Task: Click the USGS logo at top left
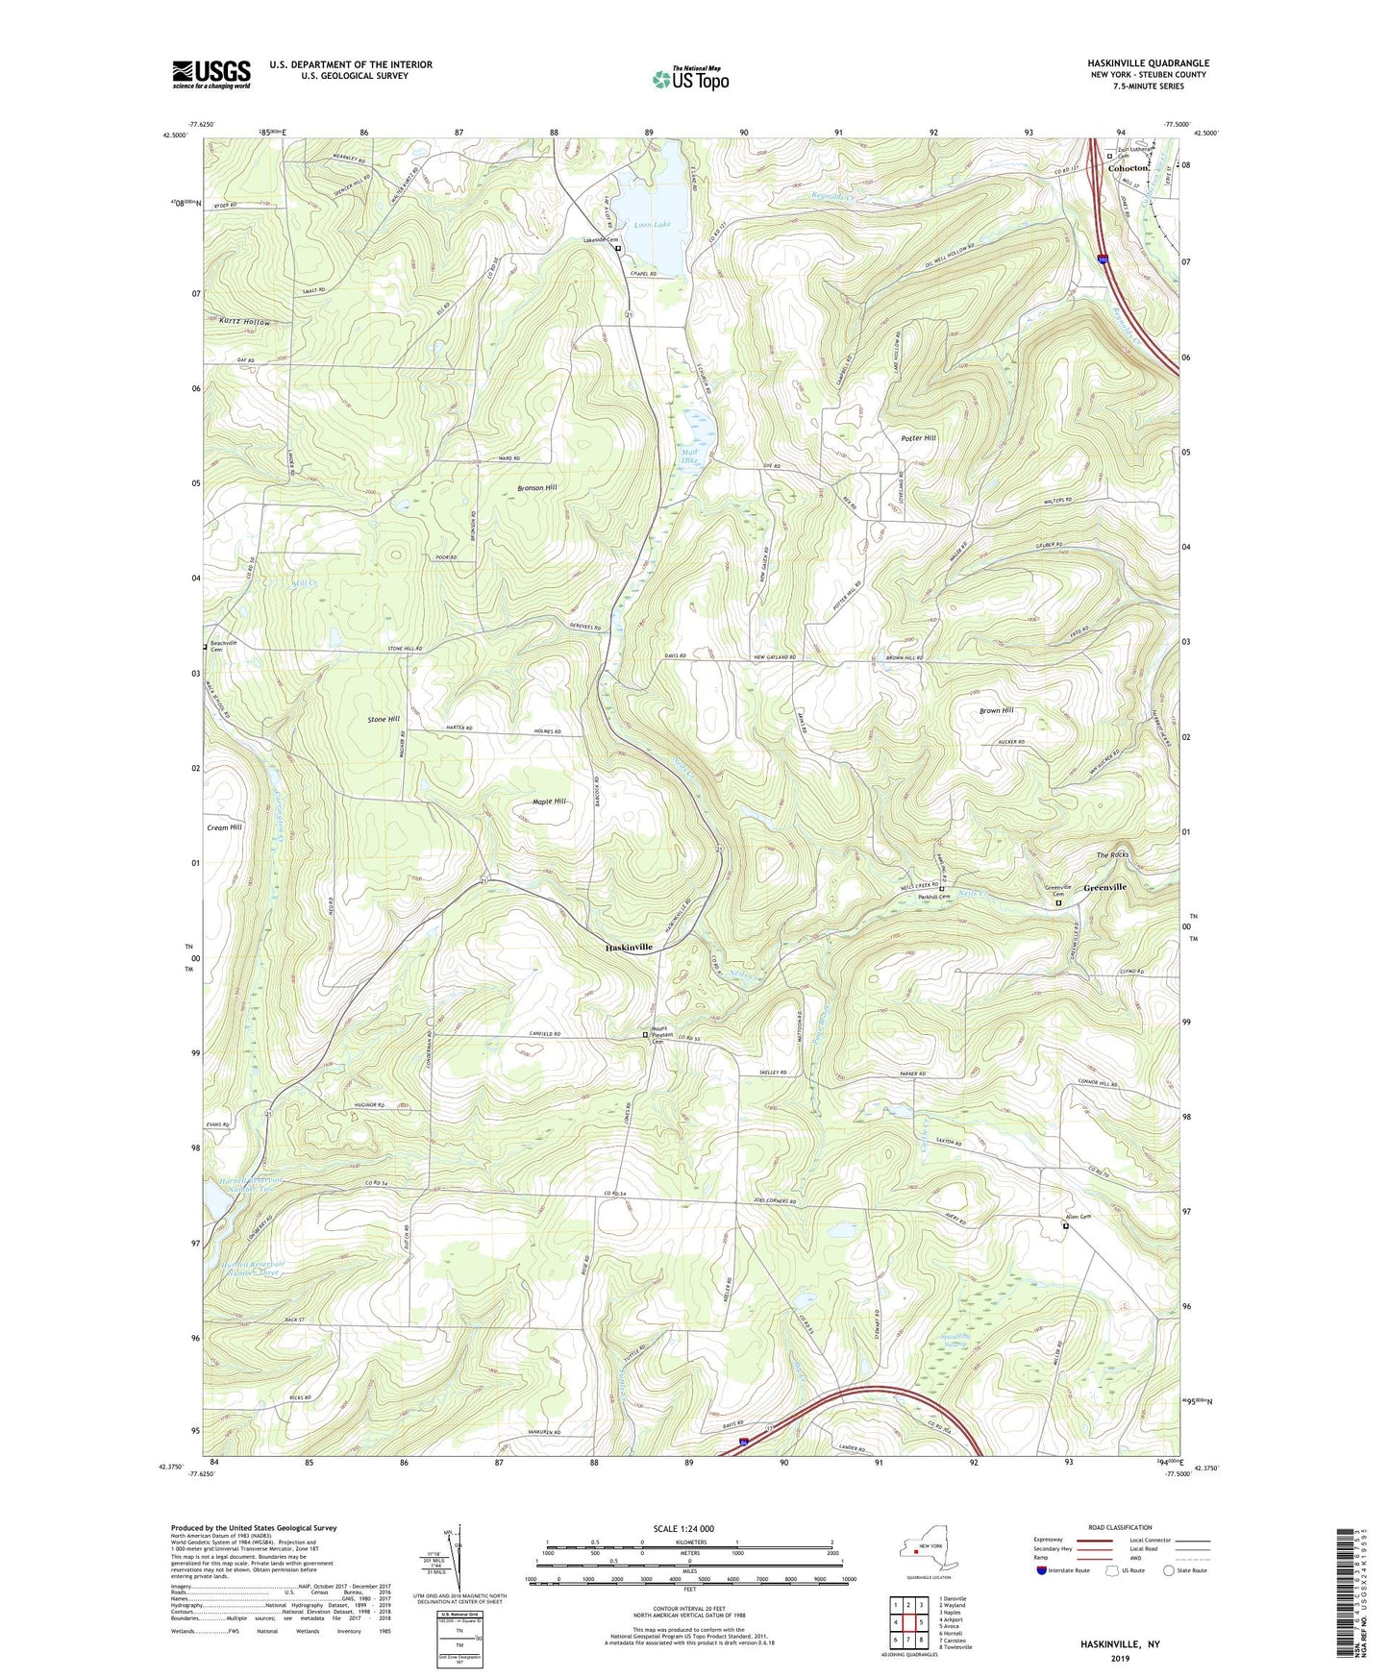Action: [x=211, y=74]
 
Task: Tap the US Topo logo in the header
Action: [x=689, y=79]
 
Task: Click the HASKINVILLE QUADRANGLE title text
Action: [x=1144, y=63]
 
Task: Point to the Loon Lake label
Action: [x=651, y=225]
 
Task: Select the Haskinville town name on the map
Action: [x=629, y=947]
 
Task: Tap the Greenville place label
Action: [x=1104, y=887]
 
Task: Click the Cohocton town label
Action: [x=1129, y=168]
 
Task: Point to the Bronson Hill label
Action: [x=537, y=488]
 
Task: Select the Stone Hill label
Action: [x=384, y=719]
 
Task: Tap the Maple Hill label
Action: [x=549, y=802]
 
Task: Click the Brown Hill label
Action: [x=996, y=710]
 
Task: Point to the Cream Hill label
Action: [x=224, y=827]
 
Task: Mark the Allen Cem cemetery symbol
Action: [x=1065, y=1225]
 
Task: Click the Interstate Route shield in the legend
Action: [x=1042, y=1570]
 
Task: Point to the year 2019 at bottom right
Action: [x=1120, y=1659]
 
